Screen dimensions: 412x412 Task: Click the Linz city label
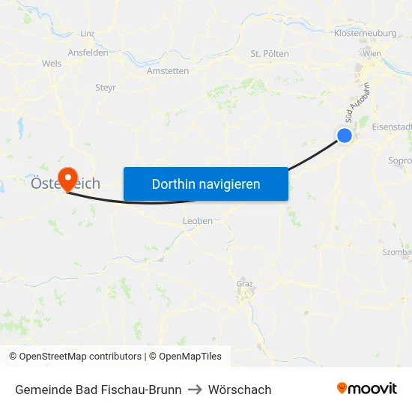(88, 34)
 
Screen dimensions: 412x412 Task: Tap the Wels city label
(52, 64)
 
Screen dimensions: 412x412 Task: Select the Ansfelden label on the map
(88, 53)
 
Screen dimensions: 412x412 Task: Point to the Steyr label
(106, 88)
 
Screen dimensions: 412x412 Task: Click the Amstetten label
(169, 71)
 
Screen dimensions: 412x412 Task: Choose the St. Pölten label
(270, 54)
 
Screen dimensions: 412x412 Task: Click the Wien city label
(372, 53)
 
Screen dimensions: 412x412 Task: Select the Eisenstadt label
(391, 127)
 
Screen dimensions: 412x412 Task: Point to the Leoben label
(198, 221)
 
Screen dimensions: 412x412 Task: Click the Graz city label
(244, 284)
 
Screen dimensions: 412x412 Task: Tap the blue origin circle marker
(345, 135)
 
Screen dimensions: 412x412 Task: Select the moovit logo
(367, 389)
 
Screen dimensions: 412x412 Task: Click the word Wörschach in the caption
(240, 390)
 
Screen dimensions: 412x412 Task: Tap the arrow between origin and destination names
(195, 390)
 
